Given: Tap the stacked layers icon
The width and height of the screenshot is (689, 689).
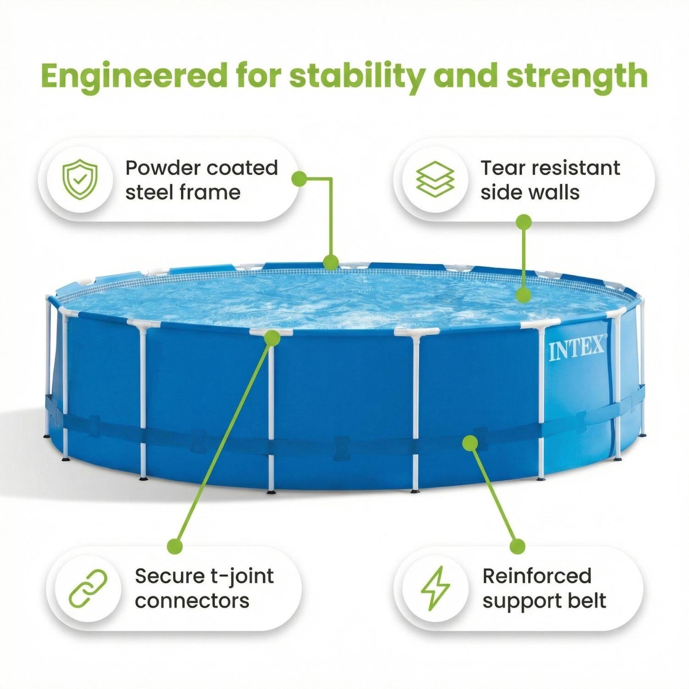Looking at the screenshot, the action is coord(435,179).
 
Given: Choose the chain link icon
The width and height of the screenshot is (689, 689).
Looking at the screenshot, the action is coord(88,588).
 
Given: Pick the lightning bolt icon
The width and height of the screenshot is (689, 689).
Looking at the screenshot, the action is coord(436,588).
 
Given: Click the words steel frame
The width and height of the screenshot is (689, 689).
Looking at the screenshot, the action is coord(183,192).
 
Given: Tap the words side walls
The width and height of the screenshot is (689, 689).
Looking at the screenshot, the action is coord(530,192).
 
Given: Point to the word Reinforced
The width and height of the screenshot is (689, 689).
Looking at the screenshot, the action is coord(537,576).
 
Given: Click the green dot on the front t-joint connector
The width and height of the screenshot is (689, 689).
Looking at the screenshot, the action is coord(272,338).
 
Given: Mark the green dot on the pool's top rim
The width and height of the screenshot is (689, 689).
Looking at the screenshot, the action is coord(330,262).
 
